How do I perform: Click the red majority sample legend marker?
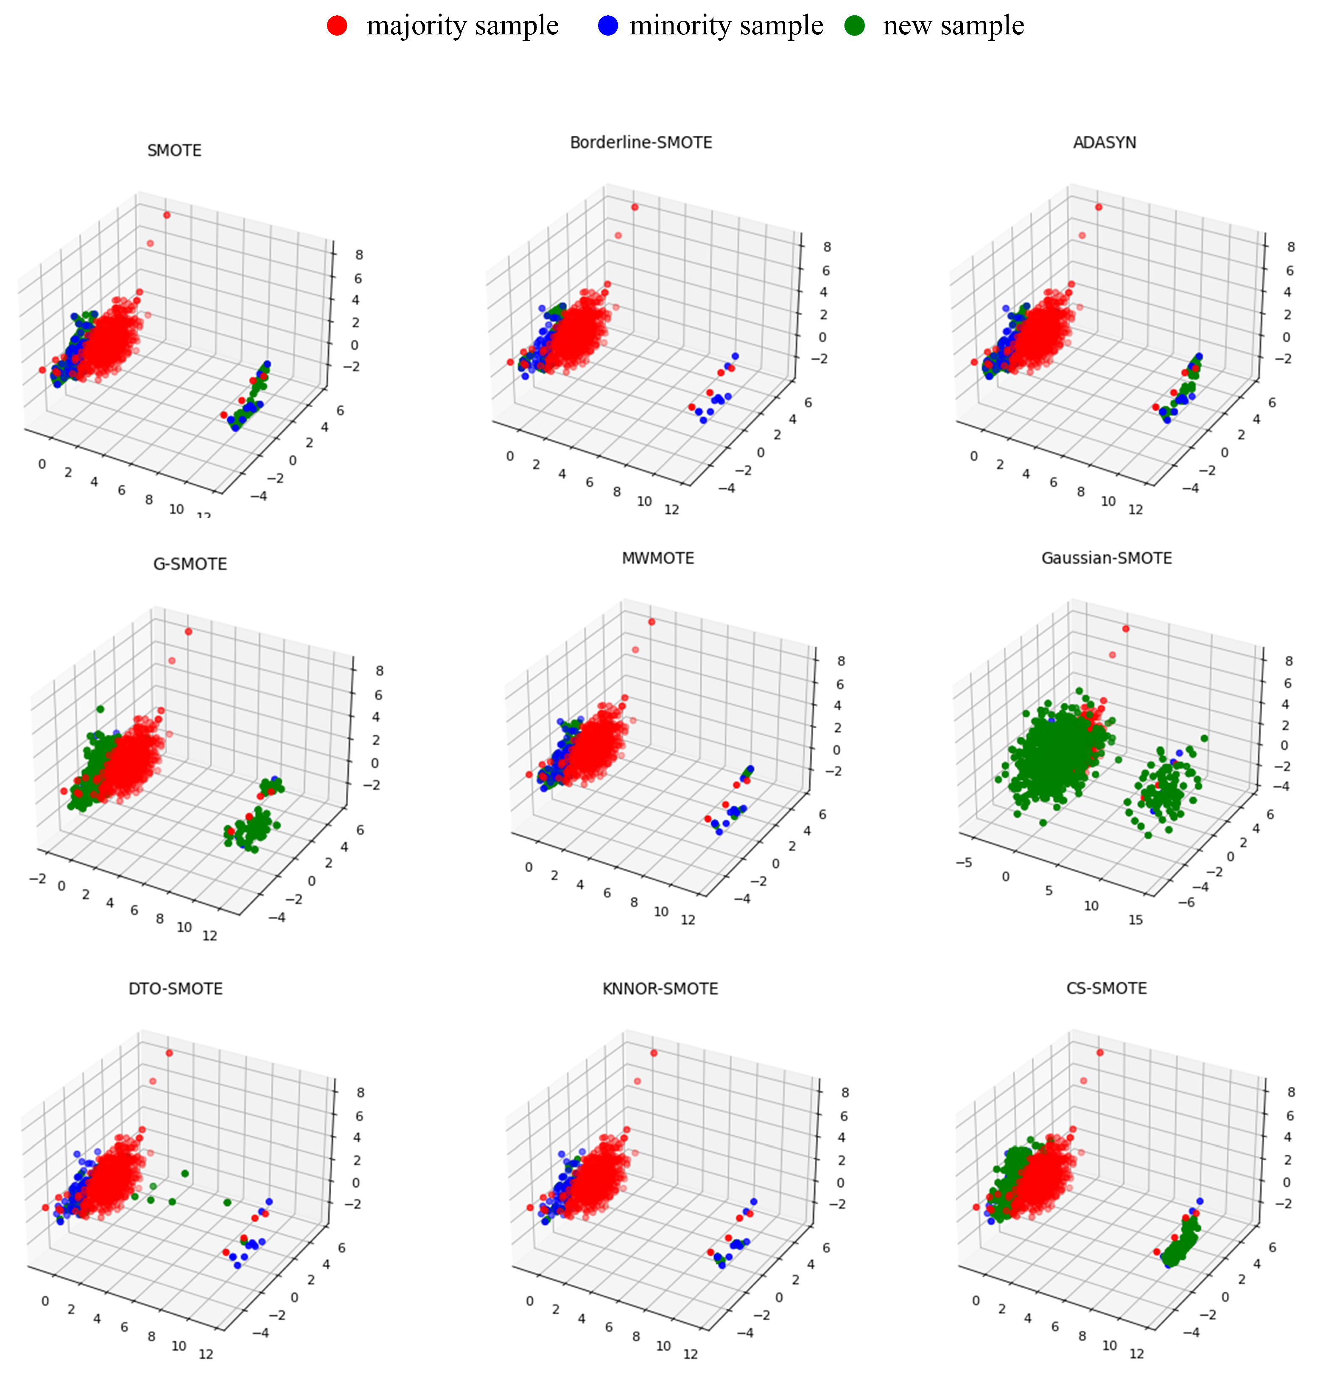point(337,26)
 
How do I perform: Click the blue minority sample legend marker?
point(608,26)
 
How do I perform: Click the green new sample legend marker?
point(854,26)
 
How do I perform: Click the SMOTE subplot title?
point(174,150)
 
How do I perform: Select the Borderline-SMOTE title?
point(641,143)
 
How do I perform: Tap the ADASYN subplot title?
point(1104,143)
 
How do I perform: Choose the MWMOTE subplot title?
point(658,558)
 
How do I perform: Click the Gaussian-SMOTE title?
point(1106,558)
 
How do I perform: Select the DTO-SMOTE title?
point(176,989)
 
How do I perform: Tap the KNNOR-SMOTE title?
point(660,989)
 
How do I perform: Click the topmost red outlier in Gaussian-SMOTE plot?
point(1125,628)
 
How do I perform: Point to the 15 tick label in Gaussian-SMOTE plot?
point(1135,920)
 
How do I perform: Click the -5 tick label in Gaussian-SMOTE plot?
point(963,862)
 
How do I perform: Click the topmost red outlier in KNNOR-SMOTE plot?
point(654,1052)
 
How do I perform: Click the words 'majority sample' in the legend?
point(462,26)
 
